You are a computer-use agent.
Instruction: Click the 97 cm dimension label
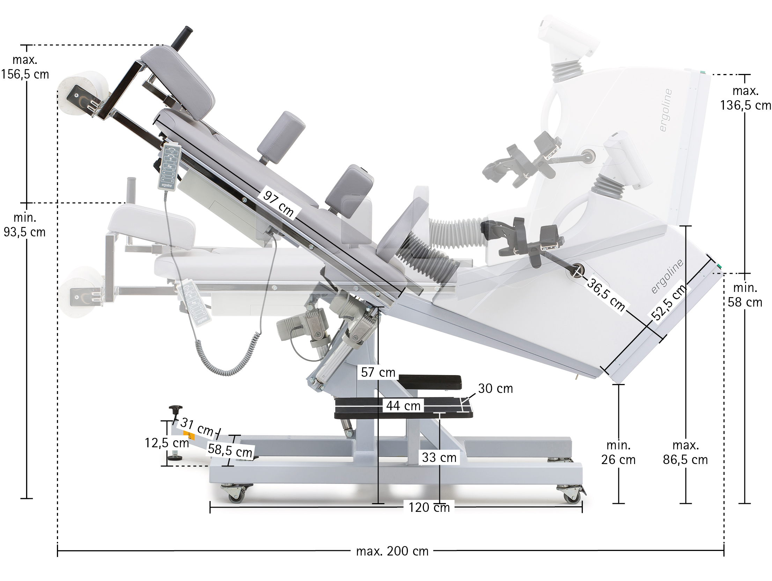click(278, 204)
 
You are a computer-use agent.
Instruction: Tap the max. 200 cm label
click(392, 551)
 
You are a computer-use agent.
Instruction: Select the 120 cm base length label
click(429, 507)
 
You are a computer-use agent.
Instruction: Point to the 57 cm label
click(378, 373)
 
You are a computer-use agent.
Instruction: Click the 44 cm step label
click(403, 406)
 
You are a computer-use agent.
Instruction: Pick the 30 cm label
click(495, 389)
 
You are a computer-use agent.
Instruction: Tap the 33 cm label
click(439, 457)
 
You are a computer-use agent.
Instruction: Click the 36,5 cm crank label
click(606, 294)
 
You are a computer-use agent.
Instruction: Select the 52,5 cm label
click(669, 302)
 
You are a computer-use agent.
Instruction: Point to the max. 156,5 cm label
click(25, 67)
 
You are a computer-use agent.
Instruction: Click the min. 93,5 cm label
click(24, 225)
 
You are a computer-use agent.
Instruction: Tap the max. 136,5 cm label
click(745, 98)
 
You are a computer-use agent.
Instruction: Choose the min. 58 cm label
click(745, 295)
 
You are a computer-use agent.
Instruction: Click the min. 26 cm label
click(618, 453)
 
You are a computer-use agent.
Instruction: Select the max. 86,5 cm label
click(685, 453)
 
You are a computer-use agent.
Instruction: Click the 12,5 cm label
click(167, 443)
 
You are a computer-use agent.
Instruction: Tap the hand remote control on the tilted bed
click(170, 167)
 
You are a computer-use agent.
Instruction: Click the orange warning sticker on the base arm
click(189, 436)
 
